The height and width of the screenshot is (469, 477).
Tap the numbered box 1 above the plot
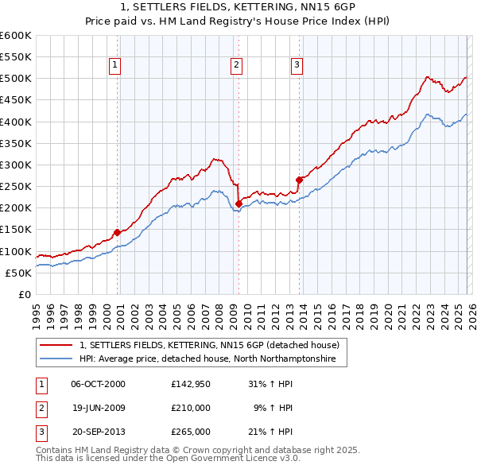[115, 65]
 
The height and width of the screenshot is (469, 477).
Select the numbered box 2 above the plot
[237, 65]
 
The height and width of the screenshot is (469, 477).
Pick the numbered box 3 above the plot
[297, 65]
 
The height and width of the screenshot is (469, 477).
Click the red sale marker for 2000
[117, 232]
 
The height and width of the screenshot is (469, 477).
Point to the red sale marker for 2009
[238, 203]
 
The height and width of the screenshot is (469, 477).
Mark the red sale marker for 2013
[299, 180]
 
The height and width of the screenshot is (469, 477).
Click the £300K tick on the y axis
[15, 165]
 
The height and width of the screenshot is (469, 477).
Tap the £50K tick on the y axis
[18, 273]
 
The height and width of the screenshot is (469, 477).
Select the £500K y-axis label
[15, 78]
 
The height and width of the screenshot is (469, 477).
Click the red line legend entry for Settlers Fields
[210, 345]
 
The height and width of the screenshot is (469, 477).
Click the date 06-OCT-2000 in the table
[99, 383]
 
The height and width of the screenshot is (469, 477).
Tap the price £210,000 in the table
[191, 408]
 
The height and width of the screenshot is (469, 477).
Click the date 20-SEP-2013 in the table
[99, 432]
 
